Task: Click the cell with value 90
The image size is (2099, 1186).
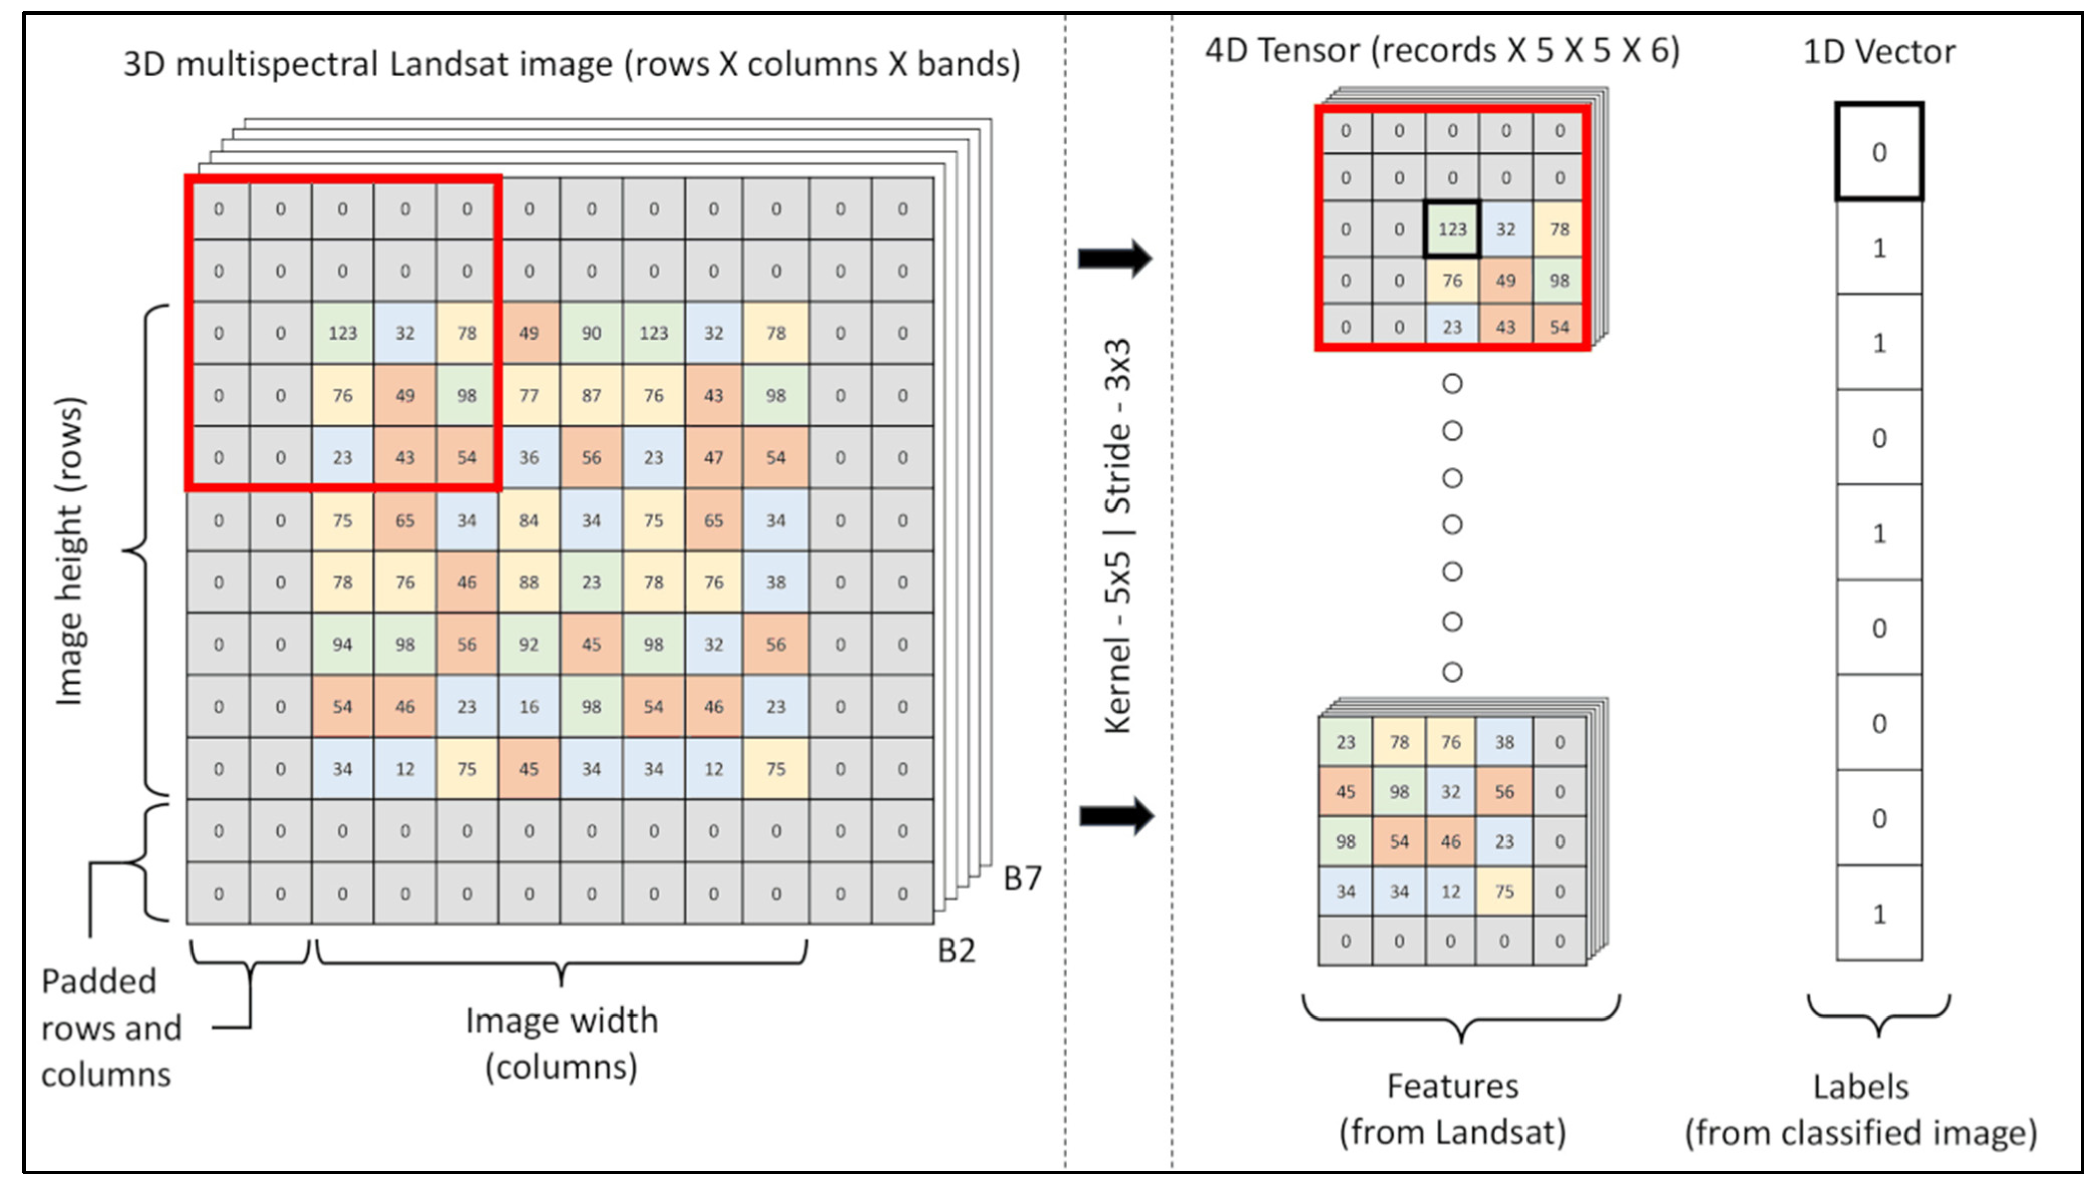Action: [591, 332]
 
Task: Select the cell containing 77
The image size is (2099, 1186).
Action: [529, 395]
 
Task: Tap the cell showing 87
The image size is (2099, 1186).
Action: [591, 395]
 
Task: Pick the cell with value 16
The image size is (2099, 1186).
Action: [529, 707]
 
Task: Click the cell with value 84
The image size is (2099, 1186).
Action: [529, 520]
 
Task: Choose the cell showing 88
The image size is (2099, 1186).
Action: [529, 582]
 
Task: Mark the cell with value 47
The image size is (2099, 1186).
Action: [713, 457]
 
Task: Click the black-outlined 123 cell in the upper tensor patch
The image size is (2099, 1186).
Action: [1452, 229]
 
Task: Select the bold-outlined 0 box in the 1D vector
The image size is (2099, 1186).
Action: [1879, 151]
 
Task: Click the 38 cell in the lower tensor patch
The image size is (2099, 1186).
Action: [1504, 742]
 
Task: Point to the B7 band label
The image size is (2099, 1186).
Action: [1022, 878]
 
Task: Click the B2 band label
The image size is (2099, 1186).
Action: [956, 950]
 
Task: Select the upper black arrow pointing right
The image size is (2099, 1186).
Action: [1114, 258]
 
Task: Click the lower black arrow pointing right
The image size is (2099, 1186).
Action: [1115, 815]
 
